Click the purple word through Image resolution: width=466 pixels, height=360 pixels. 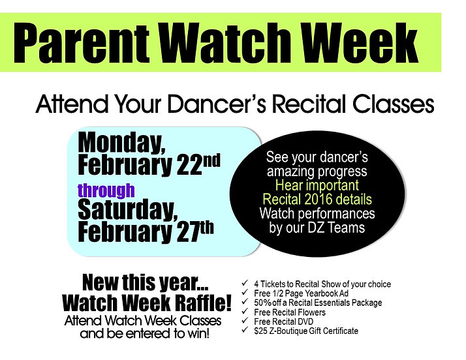[106, 191]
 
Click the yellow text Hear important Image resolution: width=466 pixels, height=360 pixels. [317, 185]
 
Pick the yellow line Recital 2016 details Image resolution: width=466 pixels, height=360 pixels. [317, 199]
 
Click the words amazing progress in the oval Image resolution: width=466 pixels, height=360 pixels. [317, 171]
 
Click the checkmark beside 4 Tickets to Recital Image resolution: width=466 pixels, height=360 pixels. [244, 284]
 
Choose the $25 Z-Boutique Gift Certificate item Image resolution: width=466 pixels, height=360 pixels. [306, 331]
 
